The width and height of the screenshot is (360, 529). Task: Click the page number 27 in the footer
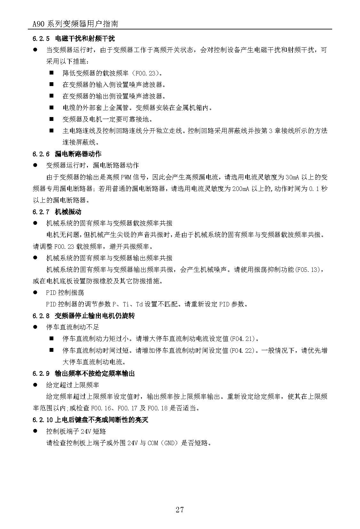click(x=180, y=510)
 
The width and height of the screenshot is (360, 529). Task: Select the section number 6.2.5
click(x=41, y=39)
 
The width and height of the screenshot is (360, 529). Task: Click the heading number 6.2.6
click(x=41, y=154)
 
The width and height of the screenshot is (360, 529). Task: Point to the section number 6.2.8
click(x=41, y=316)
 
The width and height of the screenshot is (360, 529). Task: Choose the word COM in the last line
click(x=153, y=443)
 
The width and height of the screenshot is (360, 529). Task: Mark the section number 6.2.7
click(x=41, y=212)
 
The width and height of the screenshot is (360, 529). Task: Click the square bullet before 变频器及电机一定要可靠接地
click(x=51, y=119)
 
